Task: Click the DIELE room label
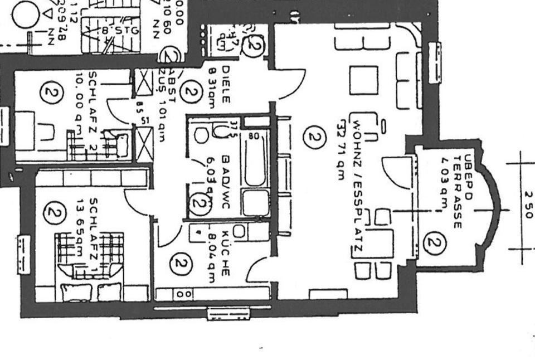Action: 226,84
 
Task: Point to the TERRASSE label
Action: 457,189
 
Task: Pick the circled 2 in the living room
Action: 314,137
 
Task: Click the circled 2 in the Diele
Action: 191,92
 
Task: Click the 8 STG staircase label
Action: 120,30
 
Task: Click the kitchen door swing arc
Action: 257,270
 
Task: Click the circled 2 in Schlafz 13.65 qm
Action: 54,212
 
